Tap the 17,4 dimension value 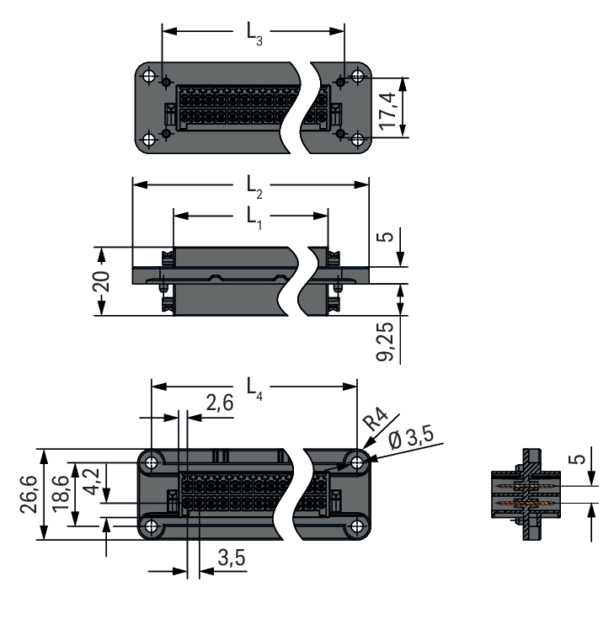[388, 107]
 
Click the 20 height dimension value [102, 281]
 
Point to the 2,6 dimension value [219, 405]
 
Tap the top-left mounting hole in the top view [150, 77]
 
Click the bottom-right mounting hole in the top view [357, 139]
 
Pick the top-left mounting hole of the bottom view [152, 461]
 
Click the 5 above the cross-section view [576, 461]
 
